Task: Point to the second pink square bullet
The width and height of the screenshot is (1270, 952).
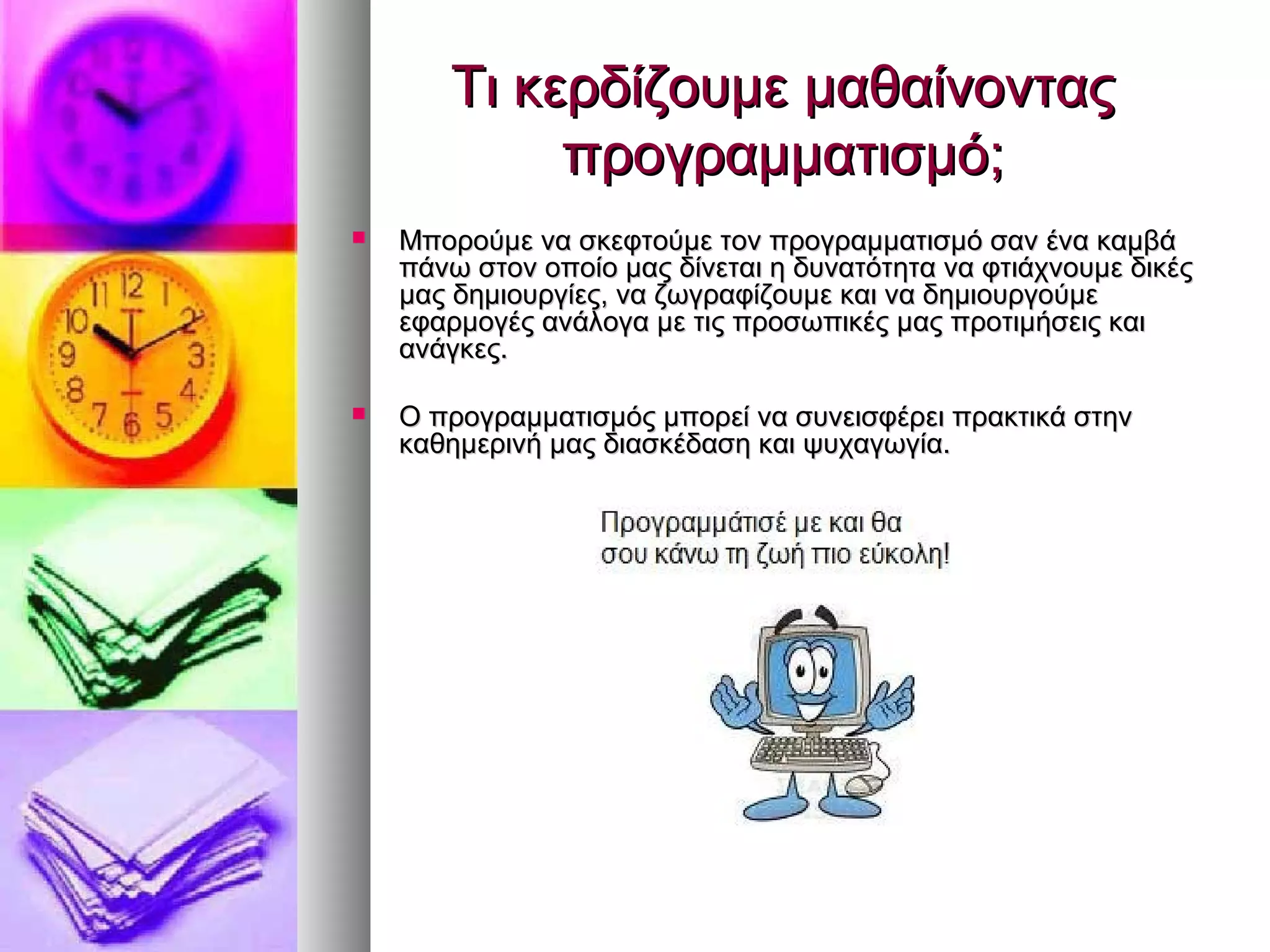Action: (x=358, y=413)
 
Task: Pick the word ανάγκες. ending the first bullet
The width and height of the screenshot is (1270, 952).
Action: (x=453, y=350)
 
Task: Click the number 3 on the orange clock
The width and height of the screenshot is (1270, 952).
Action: (x=197, y=357)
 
